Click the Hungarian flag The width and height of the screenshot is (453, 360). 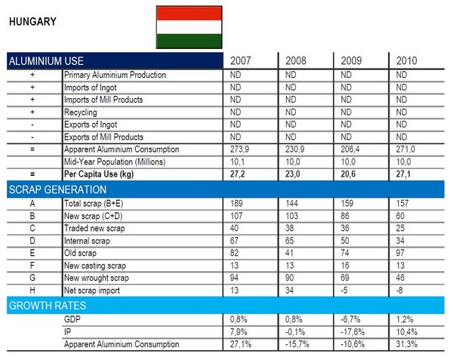[x=189, y=27]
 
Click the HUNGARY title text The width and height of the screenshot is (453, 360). [x=31, y=23]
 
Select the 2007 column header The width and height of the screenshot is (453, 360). [x=242, y=60]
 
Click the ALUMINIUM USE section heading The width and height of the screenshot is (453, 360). [x=45, y=61]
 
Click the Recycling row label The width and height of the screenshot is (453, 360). [x=81, y=112]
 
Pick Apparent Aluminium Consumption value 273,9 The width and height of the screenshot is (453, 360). [x=238, y=149]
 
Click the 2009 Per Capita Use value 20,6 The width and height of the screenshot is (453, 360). [x=351, y=174]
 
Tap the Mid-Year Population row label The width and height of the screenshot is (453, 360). [x=114, y=162]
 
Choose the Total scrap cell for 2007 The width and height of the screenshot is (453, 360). [x=236, y=202]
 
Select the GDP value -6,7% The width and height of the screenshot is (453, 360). [x=353, y=320]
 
